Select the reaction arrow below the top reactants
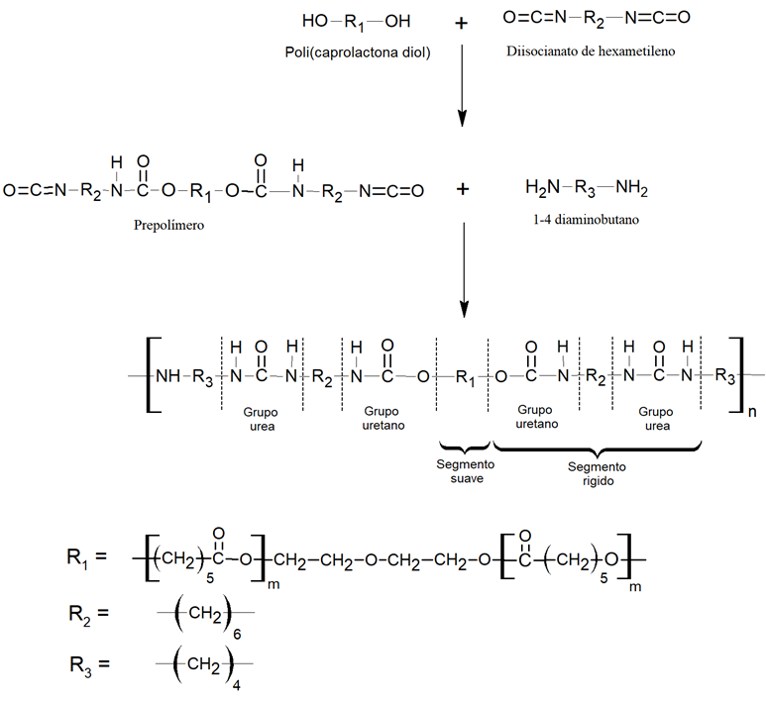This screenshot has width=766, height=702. (462, 90)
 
